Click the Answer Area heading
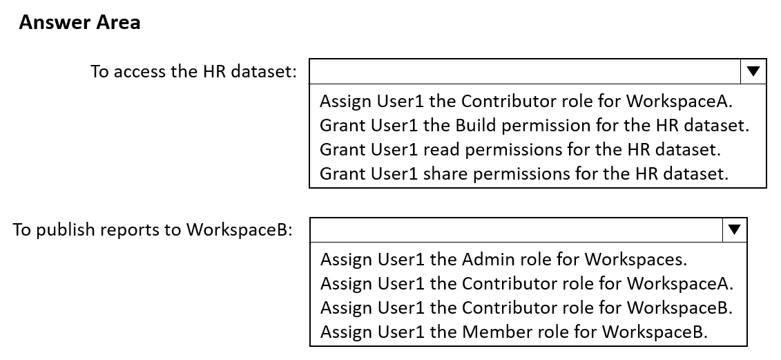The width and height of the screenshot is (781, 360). [79, 22]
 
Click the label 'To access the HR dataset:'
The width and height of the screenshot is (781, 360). [193, 71]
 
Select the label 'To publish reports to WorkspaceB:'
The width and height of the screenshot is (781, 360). [152, 229]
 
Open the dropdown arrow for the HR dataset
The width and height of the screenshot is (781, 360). [753, 71]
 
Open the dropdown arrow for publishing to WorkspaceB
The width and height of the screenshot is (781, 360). [734, 229]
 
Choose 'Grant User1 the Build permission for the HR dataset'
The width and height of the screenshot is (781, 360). [534, 125]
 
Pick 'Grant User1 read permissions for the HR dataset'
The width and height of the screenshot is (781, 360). [521, 149]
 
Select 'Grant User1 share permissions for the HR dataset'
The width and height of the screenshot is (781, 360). [524, 173]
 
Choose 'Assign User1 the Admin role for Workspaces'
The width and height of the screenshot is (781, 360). [503, 259]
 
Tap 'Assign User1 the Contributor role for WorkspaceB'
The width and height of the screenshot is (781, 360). [526, 307]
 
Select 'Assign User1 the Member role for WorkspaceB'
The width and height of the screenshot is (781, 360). [514, 331]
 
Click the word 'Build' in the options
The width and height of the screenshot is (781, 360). [476, 125]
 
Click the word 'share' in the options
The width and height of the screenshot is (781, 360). [446, 173]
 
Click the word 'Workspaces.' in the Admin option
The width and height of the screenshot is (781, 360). [636, 260]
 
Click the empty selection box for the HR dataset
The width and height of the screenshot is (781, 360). [525, 71]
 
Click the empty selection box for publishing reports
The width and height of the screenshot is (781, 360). [516, 229]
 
